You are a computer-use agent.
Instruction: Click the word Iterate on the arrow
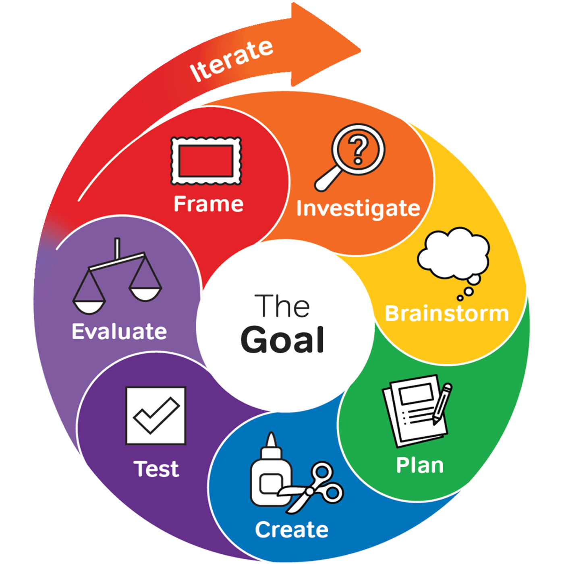[x=232, y=60]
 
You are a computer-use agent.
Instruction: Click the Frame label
[x=208, y=204]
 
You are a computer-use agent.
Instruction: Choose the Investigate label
[x=358, y=209]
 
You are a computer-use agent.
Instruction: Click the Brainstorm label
[x=447, y=313]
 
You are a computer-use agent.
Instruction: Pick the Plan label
[x=420, y=465]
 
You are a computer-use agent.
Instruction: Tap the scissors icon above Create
[x=318, y=487]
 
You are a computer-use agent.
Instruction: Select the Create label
[x=292, y=529]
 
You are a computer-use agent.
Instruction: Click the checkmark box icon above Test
[x=156, y=416]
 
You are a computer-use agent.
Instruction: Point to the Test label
[x=156, y=469]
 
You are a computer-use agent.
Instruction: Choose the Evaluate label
[x=119, y=332]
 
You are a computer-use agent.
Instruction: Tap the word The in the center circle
[x=282, y=306]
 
